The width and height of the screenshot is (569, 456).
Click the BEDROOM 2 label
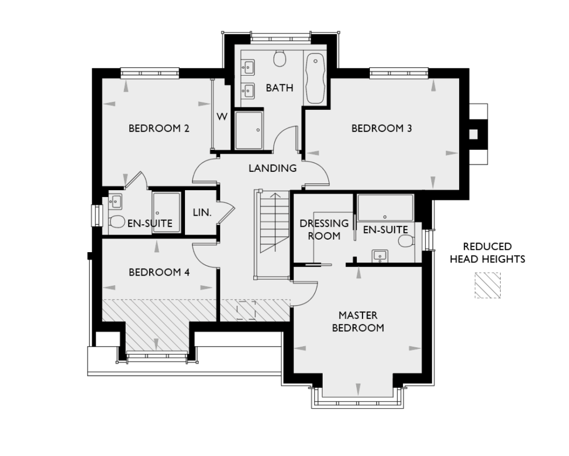pos(159,128)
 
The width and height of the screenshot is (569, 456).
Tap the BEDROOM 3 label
pos(381,128)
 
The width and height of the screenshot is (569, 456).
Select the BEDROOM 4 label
pos(159,272)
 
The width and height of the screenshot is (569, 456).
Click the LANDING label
pos(273,168)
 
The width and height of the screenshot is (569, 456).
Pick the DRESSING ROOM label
pos(320,229)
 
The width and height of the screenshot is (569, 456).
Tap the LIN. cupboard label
pos(202,212)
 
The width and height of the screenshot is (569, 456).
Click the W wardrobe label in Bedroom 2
pos(222,117)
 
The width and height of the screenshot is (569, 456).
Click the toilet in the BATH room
pos(279,58)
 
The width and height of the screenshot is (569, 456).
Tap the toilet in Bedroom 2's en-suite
pos(117,222)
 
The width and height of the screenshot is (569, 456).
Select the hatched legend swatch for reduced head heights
pos(488,285)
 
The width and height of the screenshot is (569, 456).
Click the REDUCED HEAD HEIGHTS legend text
pos(487,253)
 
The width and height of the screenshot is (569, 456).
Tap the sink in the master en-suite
pos(379,255)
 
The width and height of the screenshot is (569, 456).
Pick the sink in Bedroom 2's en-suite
pos(116,201)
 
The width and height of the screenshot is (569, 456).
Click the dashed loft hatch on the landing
pos(246,310)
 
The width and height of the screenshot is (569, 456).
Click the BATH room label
pos(279,88)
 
